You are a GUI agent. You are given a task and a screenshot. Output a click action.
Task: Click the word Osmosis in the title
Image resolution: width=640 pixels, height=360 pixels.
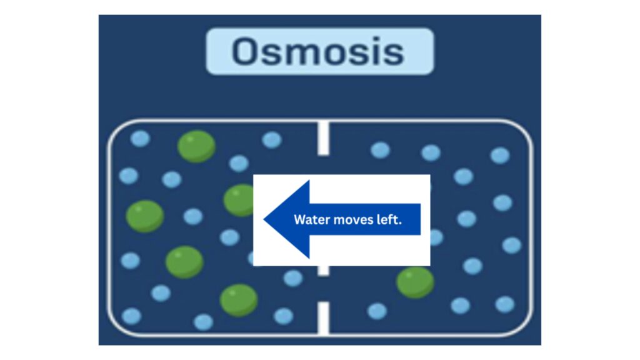(319, 52)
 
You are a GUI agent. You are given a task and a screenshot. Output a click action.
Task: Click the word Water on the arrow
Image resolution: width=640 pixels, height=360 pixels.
(310, 219)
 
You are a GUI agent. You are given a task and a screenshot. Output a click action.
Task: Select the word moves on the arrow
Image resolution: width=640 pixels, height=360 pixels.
(354, 219)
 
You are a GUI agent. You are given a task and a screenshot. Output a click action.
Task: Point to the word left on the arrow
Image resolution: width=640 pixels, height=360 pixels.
(389, 219)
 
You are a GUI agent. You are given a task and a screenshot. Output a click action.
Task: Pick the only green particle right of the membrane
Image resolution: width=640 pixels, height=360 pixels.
(415, 282)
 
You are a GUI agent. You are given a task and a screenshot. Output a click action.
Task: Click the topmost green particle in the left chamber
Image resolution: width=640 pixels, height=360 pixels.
(196, 146)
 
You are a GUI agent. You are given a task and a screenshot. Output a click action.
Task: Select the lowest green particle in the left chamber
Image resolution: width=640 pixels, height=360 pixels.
(239, 300)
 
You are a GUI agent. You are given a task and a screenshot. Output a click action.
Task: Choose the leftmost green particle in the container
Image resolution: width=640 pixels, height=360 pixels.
(145, 216)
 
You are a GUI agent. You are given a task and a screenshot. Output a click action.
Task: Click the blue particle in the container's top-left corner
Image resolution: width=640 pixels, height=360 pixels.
(140, 139)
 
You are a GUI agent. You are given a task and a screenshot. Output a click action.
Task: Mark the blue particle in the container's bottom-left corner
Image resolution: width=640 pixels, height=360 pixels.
(131, 316)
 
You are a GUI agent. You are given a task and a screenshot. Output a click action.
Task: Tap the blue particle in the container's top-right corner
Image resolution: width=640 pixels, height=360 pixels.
(500, 156)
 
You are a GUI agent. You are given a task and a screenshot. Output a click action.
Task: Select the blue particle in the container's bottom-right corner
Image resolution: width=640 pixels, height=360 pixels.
(505, 304)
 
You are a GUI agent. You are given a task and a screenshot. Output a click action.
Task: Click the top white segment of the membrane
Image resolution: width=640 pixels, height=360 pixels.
(323, 138)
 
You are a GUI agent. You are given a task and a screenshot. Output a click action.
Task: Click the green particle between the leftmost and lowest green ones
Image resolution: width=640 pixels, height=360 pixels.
(184, 262)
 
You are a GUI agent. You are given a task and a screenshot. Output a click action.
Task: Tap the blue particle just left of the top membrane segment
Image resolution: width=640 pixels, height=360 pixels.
(272, 140)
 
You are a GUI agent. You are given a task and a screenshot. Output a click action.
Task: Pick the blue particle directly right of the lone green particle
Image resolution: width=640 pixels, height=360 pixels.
(472, 266)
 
